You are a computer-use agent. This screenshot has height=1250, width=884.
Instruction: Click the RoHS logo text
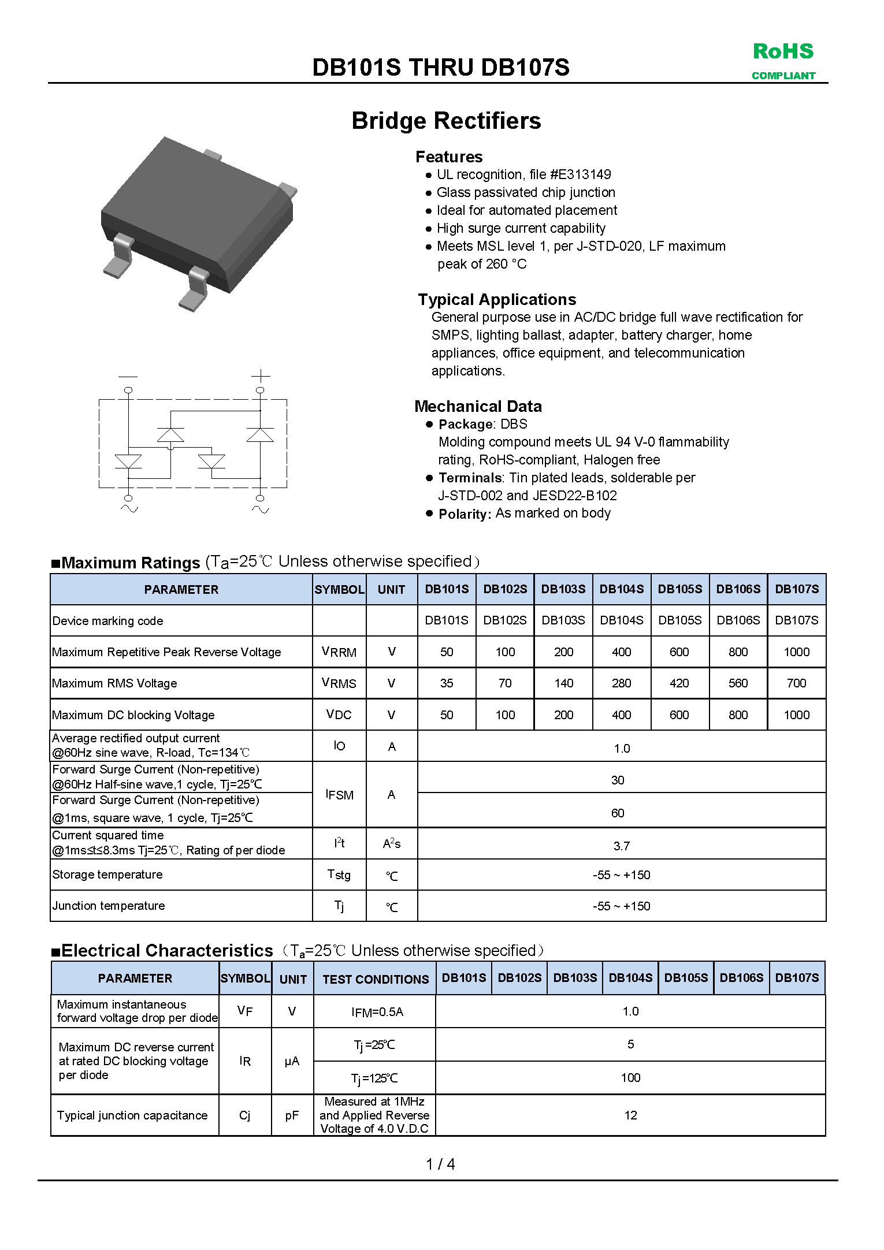(783, 51)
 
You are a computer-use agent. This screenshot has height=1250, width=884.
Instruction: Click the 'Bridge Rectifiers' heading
(446, 121)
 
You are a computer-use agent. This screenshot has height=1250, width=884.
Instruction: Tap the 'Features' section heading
(449, 157)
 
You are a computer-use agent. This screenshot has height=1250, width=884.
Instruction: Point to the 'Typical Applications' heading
(497, 299)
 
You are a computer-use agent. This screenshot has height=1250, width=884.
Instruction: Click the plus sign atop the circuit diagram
(261, 376)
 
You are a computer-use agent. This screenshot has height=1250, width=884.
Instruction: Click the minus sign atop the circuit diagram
(128, 376)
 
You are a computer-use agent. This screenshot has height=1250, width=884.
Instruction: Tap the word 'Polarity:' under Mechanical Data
(465, 514)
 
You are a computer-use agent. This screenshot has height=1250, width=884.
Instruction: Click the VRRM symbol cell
(339, 652)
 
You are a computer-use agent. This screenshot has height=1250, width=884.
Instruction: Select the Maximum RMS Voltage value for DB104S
(622, 683)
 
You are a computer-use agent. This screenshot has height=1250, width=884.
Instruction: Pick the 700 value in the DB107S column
(796, 683)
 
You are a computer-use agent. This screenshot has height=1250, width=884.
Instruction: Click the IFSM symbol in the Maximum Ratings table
(339, 795)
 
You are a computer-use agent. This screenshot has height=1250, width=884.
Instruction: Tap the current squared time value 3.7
(622, 846)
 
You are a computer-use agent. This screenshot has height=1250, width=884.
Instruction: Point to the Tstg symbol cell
(339, 875)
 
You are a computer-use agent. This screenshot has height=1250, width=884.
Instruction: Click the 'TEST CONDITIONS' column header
(376, 979)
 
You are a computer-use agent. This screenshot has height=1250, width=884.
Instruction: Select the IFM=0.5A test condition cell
(377, 1012)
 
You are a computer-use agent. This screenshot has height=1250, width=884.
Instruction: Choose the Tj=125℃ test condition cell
(374, 1078)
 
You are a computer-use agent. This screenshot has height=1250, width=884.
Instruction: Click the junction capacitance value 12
(630, 1115)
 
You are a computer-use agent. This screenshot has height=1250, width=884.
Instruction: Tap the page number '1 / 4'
(440, 1164)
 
